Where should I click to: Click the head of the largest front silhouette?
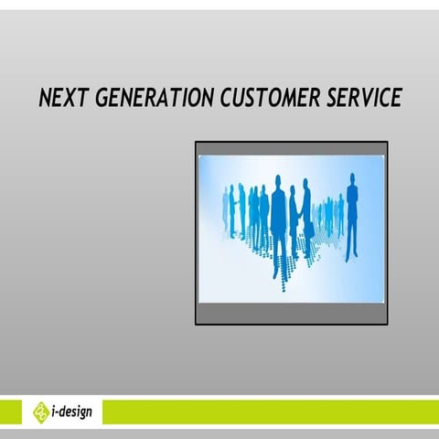tap(278, 180)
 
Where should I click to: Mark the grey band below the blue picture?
tap(291, 314)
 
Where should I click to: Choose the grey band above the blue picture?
tap(291, 148)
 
